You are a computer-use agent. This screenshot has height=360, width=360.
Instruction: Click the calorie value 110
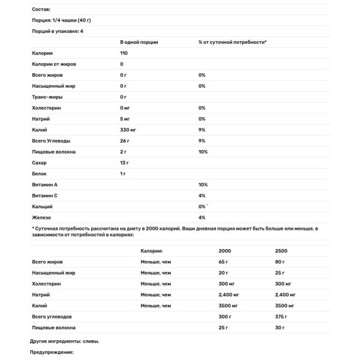click(125, 53)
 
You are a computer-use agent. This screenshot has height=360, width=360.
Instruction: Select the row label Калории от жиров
click(54, 64)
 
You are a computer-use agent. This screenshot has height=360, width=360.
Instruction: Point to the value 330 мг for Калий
click(129, 130)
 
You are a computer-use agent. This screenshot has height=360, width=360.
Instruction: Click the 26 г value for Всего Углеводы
click(125, 141)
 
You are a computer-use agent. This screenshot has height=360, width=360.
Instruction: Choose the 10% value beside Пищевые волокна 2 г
click(203, 152)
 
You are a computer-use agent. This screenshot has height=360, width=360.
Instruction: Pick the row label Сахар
click(38, 163)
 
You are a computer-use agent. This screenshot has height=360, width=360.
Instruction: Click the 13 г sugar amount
click(125, 163)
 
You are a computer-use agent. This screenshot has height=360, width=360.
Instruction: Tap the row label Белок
click(38, 173)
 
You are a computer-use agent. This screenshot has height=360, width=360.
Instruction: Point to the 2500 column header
click(278, 251)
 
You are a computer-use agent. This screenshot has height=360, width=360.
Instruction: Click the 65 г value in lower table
click(224, 262)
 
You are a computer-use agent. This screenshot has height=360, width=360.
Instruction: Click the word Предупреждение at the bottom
click(51, 352)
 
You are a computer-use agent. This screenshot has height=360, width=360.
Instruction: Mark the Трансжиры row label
click(46, 97)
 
